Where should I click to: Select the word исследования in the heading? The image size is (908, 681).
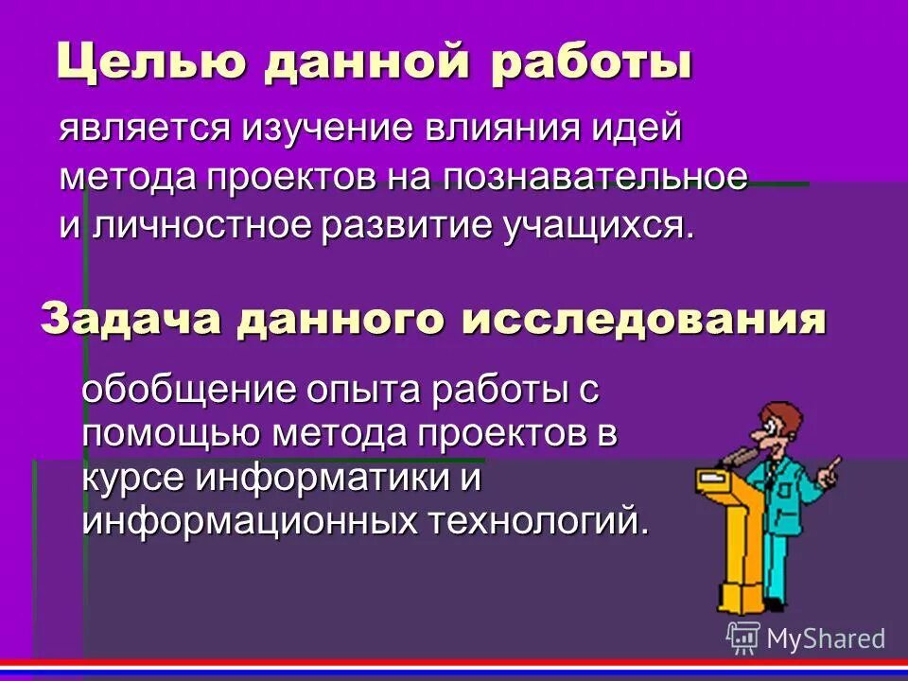(643, 320)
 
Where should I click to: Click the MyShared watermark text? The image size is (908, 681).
(826, 638)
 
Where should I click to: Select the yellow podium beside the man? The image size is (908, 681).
(729, 530)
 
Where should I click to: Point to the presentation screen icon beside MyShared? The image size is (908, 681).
(743, 637)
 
